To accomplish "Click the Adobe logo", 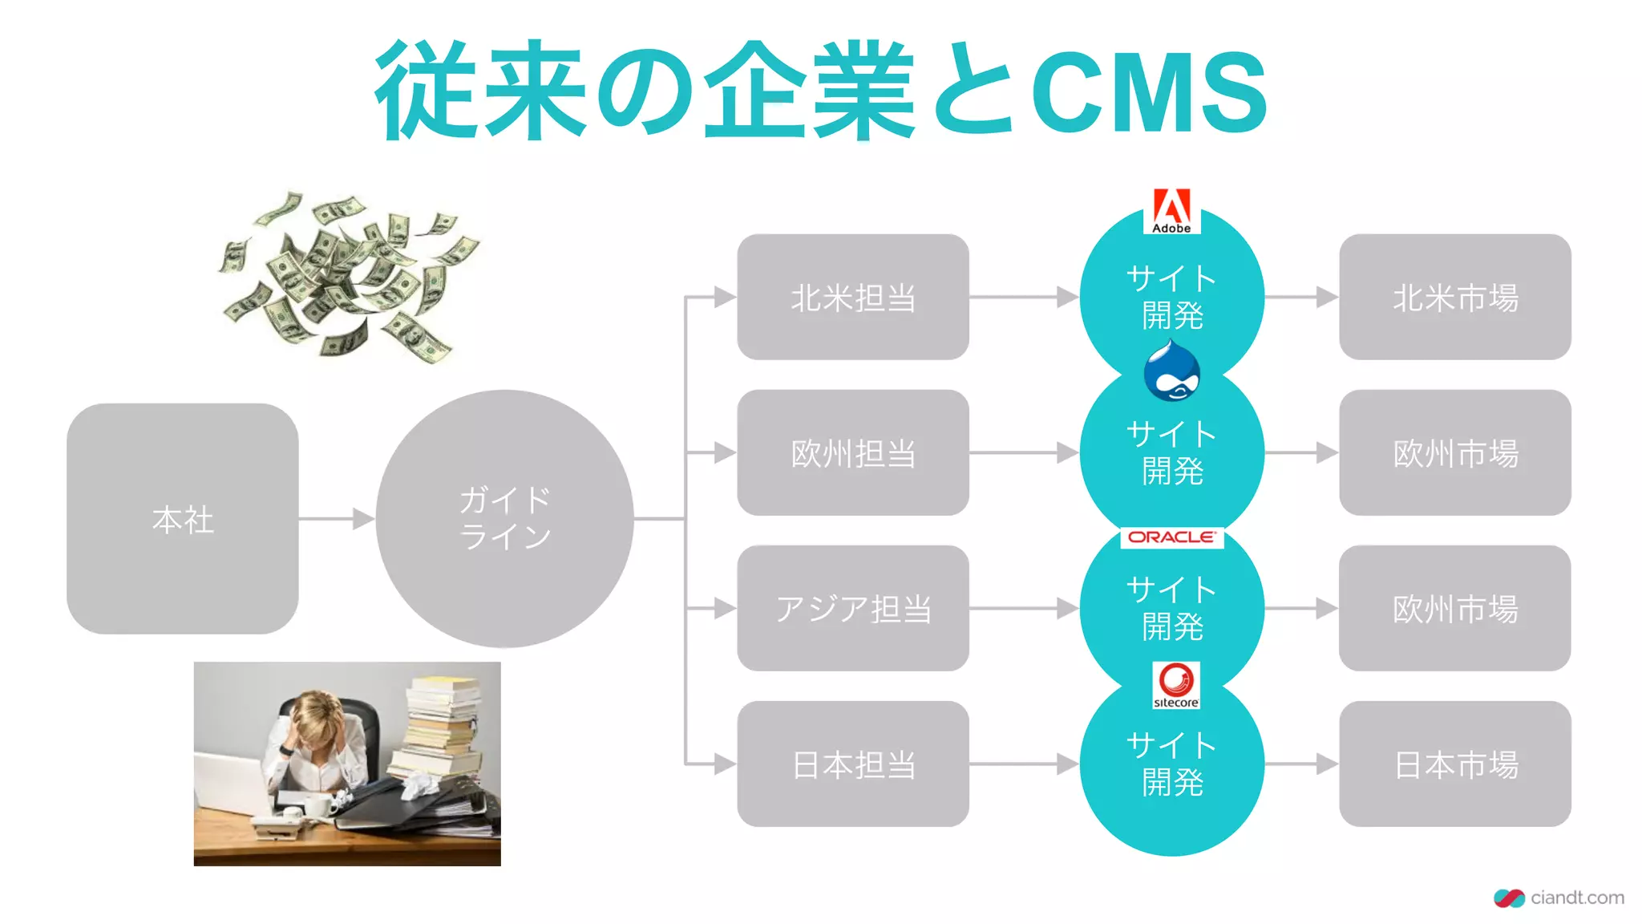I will coord(1171,211).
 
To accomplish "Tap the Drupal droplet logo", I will coord(1171,371).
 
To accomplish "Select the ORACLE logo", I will coord(1171,537).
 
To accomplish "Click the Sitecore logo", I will coord(1175,685).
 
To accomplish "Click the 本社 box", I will coord(183,519).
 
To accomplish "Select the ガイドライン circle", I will coord(504,519).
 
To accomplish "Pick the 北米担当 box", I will coord(852,297).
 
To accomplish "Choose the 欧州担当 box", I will coord(852,452).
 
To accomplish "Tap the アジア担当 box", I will coord(852,608).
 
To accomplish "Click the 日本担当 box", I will coord(852,764).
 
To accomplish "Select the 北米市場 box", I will coord(1454,297).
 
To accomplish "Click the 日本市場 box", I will coord(1454,764).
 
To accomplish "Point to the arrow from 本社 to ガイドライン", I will coord(337,519).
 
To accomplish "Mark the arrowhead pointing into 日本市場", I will coord(1327,764).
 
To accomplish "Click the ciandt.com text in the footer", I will coord(1576,898).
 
